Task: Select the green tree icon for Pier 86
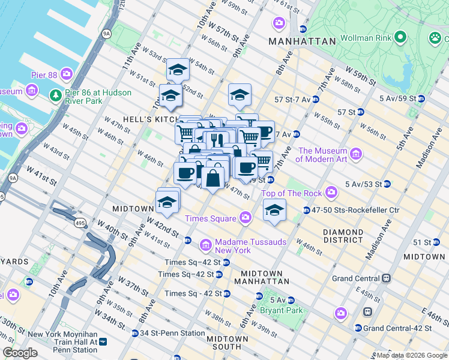[55, 95]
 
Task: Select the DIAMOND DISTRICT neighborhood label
[351, 236]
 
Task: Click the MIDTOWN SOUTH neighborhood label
[228, 343]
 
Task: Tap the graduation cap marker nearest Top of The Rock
[274, 211]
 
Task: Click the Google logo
[20, 353]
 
